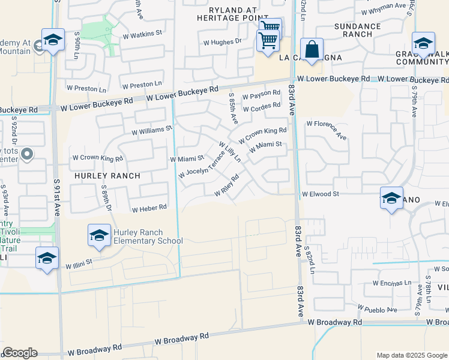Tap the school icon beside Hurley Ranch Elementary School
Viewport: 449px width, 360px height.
click(x=99, y=235)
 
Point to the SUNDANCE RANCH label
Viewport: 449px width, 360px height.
click(x=357, y=30)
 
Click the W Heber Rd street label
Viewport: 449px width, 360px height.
click(x=149, y=208)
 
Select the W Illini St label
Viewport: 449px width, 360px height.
click(x=79, y=263)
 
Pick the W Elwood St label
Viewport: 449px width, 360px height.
click(x=321, y=194)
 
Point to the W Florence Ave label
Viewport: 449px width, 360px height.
click(x=327, y=130)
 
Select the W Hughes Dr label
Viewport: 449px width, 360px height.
click(x=222, y=42)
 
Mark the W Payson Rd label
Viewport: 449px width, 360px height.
click(x=261, y=94)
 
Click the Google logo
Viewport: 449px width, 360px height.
click(x=20, y=353)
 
